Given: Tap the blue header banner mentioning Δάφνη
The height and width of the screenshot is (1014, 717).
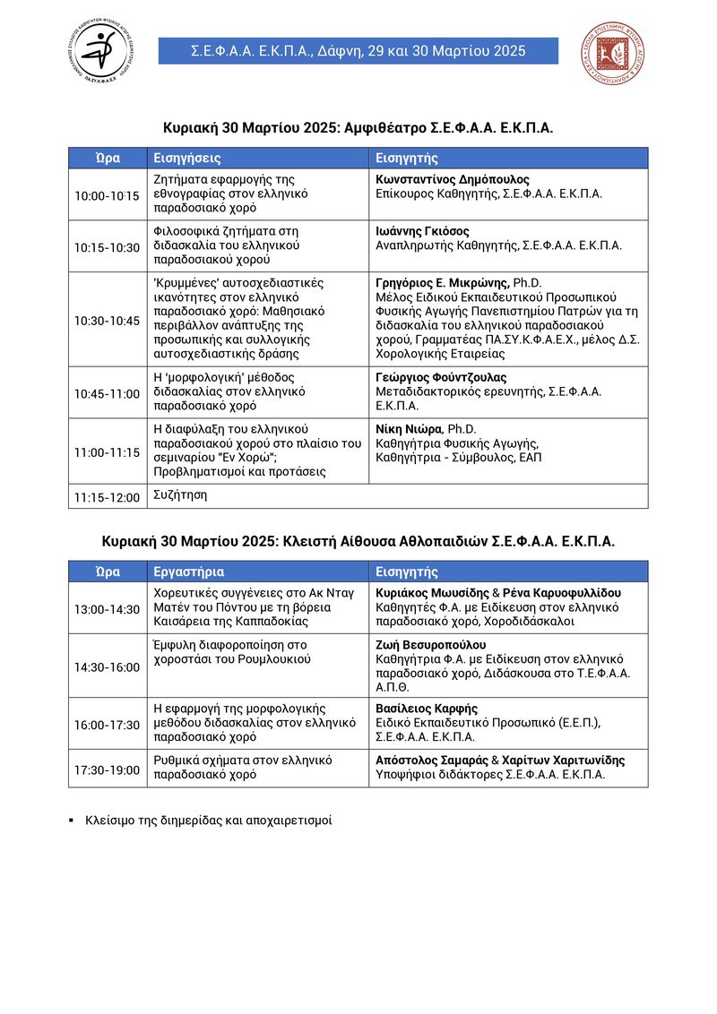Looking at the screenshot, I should pos(358,51).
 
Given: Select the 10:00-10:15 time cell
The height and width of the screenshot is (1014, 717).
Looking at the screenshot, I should pos(107,195).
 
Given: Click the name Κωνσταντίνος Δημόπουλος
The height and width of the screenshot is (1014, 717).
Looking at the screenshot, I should pos(453,179).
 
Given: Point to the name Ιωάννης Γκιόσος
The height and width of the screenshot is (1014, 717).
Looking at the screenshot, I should pos(422,231).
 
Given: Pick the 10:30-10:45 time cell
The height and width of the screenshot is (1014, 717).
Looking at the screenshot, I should pos(107,320).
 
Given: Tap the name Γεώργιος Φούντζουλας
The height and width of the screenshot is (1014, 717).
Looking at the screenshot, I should pos(441,377).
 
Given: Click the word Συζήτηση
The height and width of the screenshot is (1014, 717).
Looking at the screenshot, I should pos(180,494).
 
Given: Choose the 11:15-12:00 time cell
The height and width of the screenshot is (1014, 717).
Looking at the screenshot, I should pos(107,497).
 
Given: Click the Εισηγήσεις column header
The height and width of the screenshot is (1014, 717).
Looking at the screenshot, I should pos(187,158).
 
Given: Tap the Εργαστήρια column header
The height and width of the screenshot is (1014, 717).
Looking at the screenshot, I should pos(189,571).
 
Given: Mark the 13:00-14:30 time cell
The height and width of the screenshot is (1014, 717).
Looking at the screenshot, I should pos(107,609).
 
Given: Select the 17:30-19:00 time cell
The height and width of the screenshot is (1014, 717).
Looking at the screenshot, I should pos(107,769).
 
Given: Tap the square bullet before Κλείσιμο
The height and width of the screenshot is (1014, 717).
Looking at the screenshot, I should pos(71,820).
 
